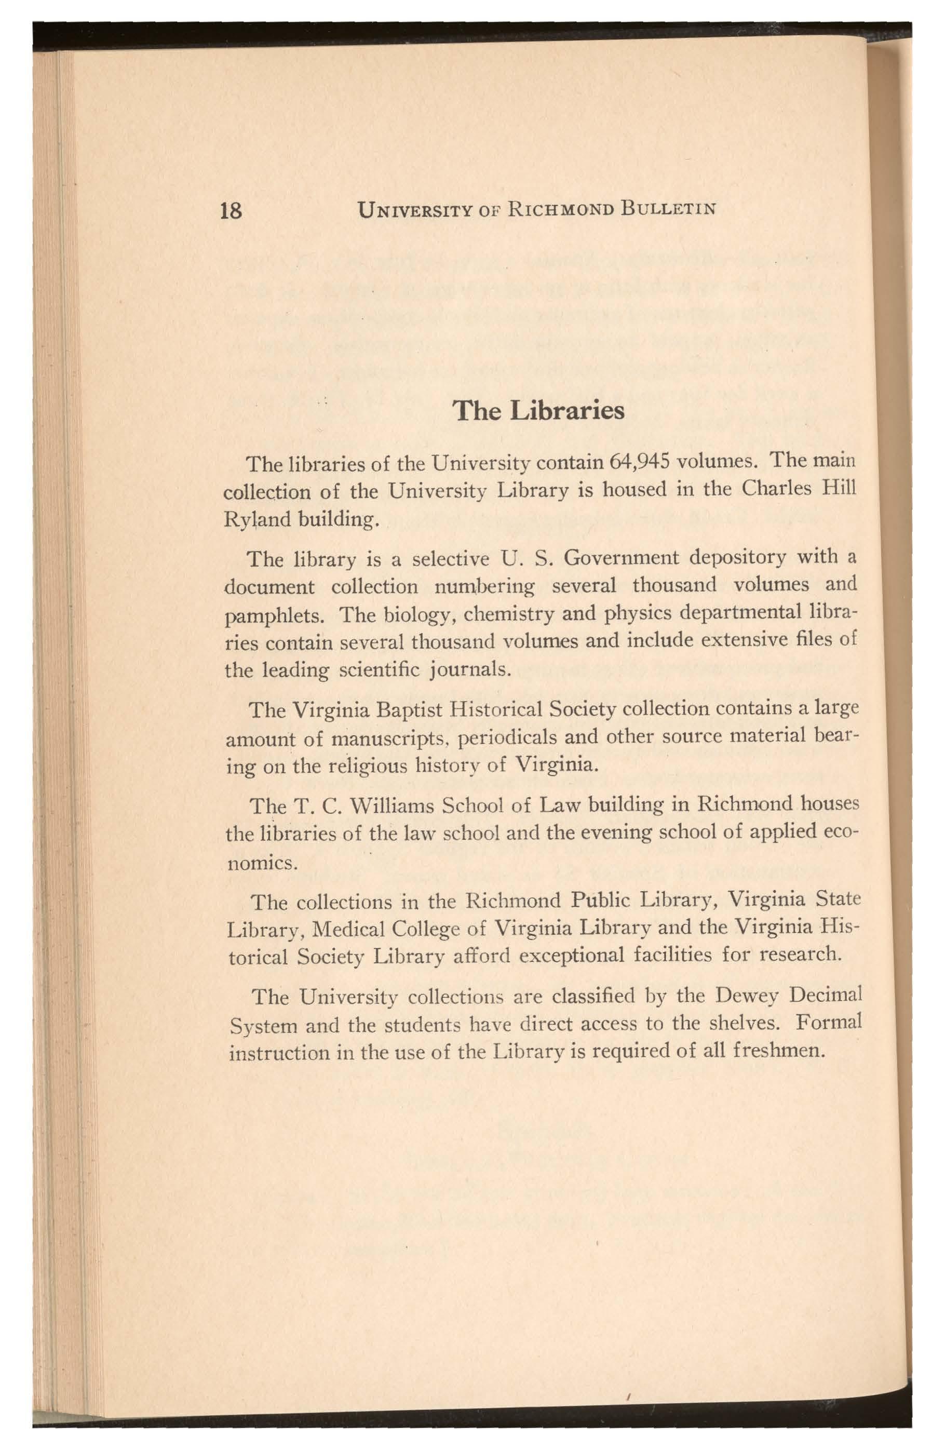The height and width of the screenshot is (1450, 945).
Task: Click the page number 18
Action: (231, 211)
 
